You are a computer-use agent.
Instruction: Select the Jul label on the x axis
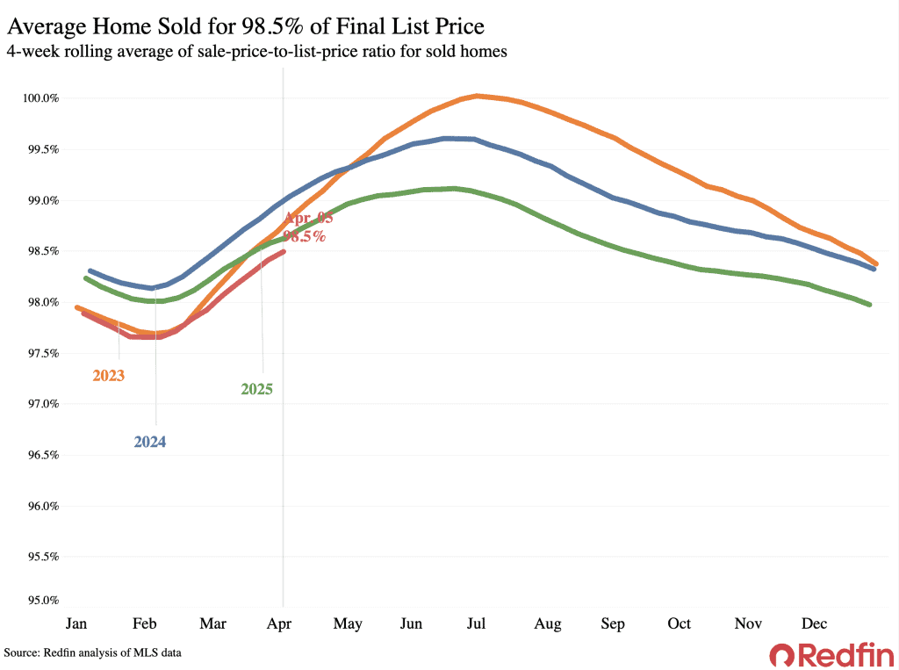[477, 623]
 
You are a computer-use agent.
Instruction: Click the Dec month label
[814, 623]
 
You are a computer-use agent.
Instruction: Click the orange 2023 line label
[108, 376]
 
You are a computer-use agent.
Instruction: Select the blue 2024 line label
[150, 443]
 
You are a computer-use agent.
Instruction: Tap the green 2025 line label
[256, 389]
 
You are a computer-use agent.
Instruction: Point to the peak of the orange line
[477, 96]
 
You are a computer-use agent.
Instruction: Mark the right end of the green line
[869, 305]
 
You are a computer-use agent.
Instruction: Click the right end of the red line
[283, 252]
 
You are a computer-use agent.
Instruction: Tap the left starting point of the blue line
[90, 271]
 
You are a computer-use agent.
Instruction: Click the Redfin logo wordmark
[831, 654]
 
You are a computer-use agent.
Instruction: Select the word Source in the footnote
[22, 653]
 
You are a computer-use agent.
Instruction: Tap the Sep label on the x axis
[613, 623]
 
